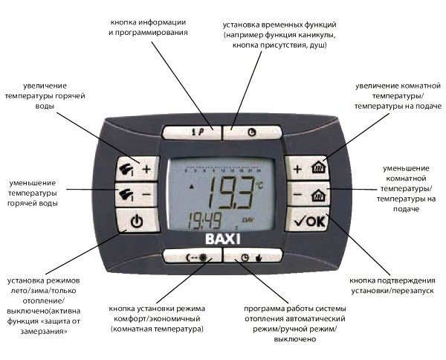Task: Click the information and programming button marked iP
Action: pos(193,132)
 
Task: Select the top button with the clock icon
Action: pos(253,132)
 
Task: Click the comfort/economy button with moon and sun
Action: pos(193,257)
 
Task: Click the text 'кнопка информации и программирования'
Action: pos(148,28)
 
